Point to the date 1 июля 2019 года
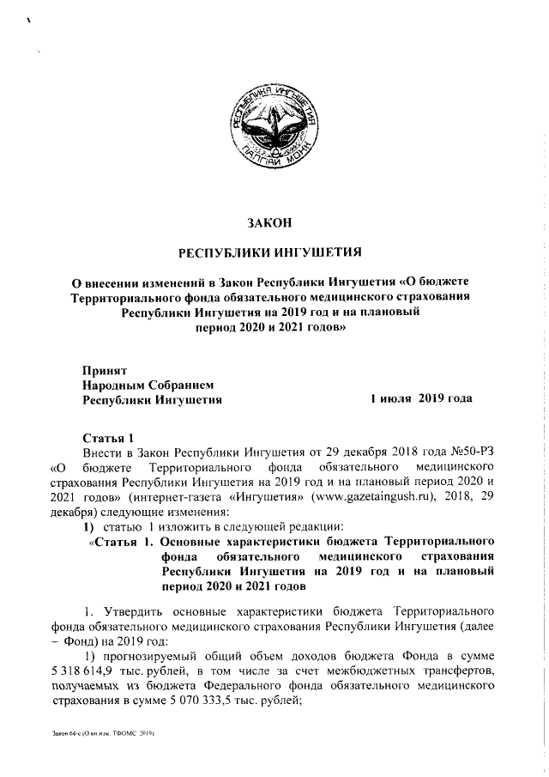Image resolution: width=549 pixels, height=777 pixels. (x=420, y=399)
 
